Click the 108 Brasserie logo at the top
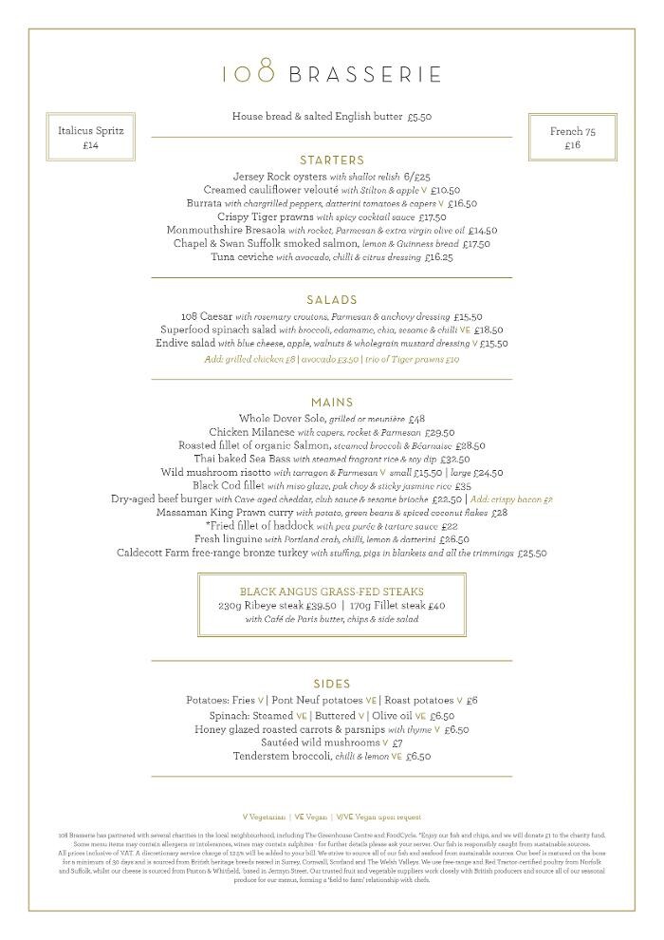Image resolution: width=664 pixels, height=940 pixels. (331, 72)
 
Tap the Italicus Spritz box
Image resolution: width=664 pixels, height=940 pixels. (91, 138)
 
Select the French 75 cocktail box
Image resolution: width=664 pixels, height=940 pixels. (572, 138)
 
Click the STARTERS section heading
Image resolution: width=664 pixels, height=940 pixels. (331, 160)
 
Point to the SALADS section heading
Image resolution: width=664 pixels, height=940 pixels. (331, 300)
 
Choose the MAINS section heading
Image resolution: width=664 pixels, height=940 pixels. (331, 403)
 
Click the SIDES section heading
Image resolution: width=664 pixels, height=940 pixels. (331, 684)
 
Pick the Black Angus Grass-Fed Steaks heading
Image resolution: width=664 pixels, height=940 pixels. (331, 592)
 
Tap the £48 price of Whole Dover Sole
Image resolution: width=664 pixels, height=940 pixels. (416, 419)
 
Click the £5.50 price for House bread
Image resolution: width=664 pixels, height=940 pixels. (419, 117)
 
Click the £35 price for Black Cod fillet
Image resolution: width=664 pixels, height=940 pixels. (463, 486)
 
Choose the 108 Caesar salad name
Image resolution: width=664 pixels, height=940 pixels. (206, 317)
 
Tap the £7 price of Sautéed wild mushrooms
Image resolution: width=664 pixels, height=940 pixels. (397, 743)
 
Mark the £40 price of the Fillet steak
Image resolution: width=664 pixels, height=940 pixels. (436, 606)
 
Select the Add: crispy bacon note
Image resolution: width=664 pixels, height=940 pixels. (511, 499)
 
